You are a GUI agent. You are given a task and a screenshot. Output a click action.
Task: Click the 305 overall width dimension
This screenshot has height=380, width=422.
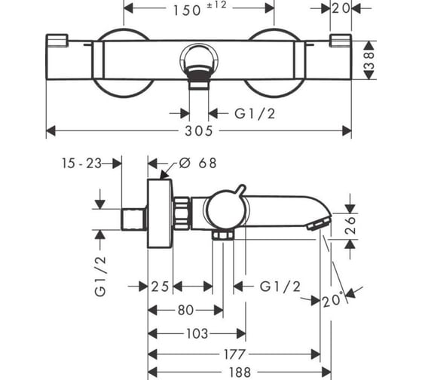(199, 131)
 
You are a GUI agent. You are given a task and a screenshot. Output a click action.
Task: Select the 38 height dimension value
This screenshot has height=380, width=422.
(369, 60)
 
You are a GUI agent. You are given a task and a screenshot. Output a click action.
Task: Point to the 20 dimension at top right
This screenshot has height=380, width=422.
(341, 8)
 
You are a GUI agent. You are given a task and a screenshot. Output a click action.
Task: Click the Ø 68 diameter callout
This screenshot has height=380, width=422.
(198, 163)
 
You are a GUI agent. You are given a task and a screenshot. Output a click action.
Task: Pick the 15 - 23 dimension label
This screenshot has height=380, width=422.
(82, 164)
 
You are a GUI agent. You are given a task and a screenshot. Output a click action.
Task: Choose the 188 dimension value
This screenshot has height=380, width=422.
(240, 372)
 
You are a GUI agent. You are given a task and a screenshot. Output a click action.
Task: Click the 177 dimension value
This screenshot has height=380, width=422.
(234, 354)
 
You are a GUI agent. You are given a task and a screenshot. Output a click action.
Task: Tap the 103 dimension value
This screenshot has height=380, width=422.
(197, 334)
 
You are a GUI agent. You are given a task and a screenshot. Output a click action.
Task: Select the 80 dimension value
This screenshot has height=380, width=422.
(185, 310)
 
